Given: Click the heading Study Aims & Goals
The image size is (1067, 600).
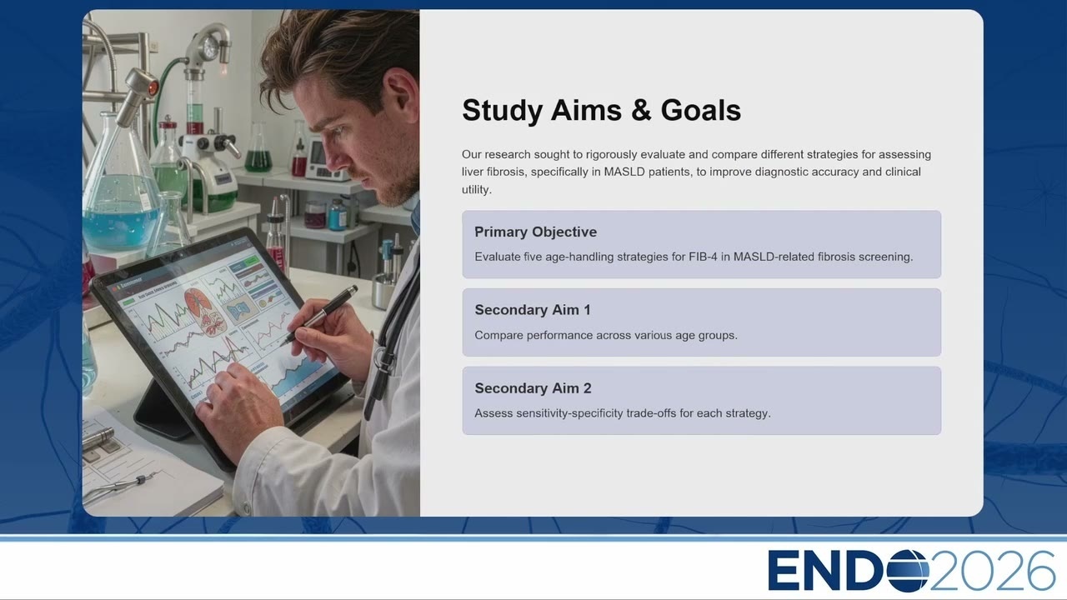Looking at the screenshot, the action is pos(601,111).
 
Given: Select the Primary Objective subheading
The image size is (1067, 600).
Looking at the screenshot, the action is pos(535,232).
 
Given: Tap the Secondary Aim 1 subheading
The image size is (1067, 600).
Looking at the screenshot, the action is pos(533,310).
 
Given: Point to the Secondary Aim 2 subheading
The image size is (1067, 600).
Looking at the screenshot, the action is pos(533,388).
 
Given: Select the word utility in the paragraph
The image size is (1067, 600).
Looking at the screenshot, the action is pos(475,189).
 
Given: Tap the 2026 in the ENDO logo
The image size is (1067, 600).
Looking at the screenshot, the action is pos(992,570).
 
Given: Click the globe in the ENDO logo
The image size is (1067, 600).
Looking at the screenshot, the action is pos(908,571).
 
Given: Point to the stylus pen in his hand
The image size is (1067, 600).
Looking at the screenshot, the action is pos(320,314).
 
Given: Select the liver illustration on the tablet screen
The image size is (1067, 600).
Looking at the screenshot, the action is pos(204,312).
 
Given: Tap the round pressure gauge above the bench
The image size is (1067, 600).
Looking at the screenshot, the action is pos(210,47).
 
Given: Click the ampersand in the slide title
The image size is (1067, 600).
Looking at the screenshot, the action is pos(642,111).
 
